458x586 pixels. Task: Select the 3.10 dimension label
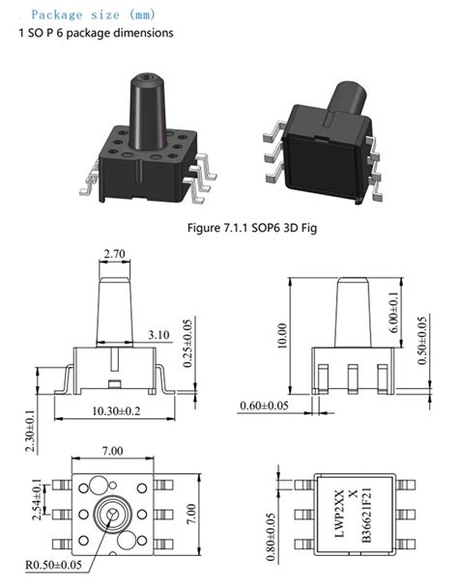(x=159, y=335)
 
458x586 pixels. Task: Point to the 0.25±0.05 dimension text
(x=187, y=344)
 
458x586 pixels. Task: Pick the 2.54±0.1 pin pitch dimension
(x=38, y=499)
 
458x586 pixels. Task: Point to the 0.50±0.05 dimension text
(x=422, y=341)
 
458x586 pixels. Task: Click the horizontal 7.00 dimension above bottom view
(x=113, y=451)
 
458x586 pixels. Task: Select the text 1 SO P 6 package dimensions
(x=97, y=34)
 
